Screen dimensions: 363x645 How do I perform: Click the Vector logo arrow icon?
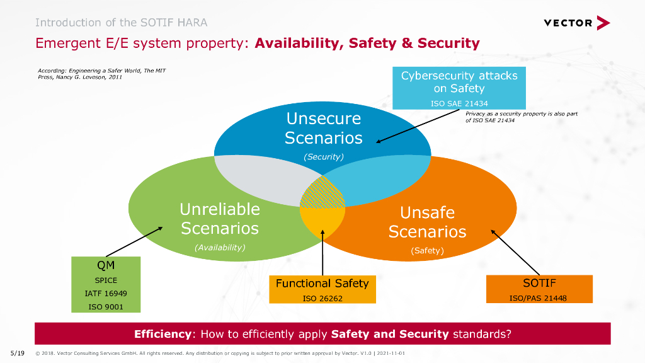[603, 23]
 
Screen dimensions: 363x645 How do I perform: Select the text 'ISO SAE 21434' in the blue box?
[459, 103]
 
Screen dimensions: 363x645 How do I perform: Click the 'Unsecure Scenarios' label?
[323, 128]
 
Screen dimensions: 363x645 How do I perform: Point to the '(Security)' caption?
[323, 157]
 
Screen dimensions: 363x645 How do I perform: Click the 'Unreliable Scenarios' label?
[219, 218]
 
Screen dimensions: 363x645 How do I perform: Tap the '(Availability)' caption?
[219, 248]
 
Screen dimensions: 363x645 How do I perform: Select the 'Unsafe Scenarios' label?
[427, 222]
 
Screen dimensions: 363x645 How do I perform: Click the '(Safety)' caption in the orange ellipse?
[427, 251]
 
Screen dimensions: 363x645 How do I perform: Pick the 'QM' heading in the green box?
[106, 265]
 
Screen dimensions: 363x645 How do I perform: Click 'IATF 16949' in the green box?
[106, 294]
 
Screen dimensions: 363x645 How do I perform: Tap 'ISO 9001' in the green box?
[106, 307]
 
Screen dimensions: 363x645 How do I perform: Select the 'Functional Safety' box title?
[322, 284]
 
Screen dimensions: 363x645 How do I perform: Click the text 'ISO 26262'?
[322, 298]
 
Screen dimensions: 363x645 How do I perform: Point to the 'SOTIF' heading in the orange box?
[539, 283]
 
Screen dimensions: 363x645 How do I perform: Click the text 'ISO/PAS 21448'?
[539, 298]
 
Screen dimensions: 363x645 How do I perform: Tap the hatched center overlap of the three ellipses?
[322, 194]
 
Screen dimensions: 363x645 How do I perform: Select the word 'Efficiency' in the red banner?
[163, 334]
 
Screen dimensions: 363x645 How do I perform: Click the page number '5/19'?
[17, 353]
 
